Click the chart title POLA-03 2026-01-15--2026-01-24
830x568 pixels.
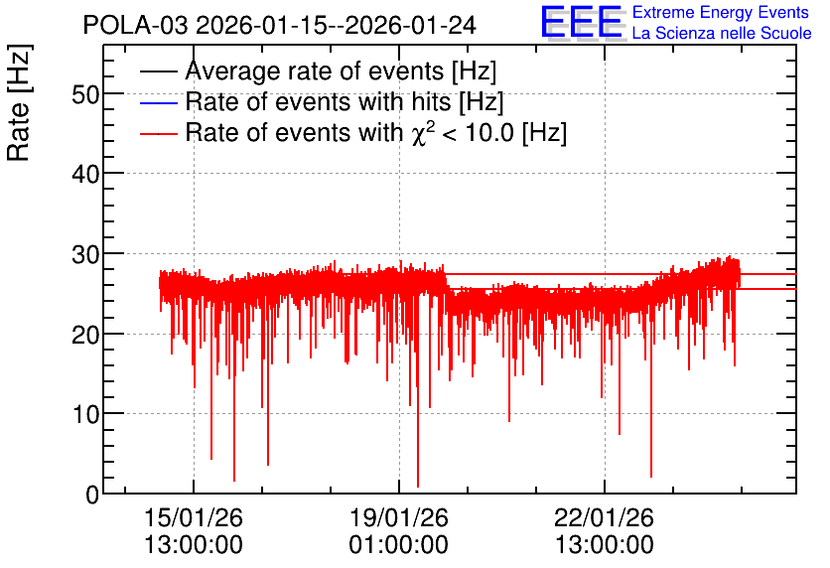tap(280, 26)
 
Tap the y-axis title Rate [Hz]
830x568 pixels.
tap(19, 102)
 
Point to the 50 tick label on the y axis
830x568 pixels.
tap(85, 95)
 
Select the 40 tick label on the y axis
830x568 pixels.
tap(85, 174)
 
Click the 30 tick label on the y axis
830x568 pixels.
tap(85, 254)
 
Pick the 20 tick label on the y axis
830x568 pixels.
tap(85, 335)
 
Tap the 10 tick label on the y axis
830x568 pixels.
tap(85, 414)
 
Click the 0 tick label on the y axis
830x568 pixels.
tap(92, 495)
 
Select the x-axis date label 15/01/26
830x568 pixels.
tap(194, 517)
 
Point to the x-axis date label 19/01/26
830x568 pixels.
tap(398, 517)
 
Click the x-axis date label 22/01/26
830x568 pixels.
tap(604, 517)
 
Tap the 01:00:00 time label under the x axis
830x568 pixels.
tap(398, 545)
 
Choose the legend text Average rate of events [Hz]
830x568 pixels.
tap(341, 71)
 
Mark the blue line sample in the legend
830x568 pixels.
tap(158, 102)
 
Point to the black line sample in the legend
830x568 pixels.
tap(158, 71)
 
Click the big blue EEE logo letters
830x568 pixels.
tap(582, 23)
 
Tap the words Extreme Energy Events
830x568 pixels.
tap(721, 12)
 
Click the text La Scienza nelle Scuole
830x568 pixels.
tap(722, 33)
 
